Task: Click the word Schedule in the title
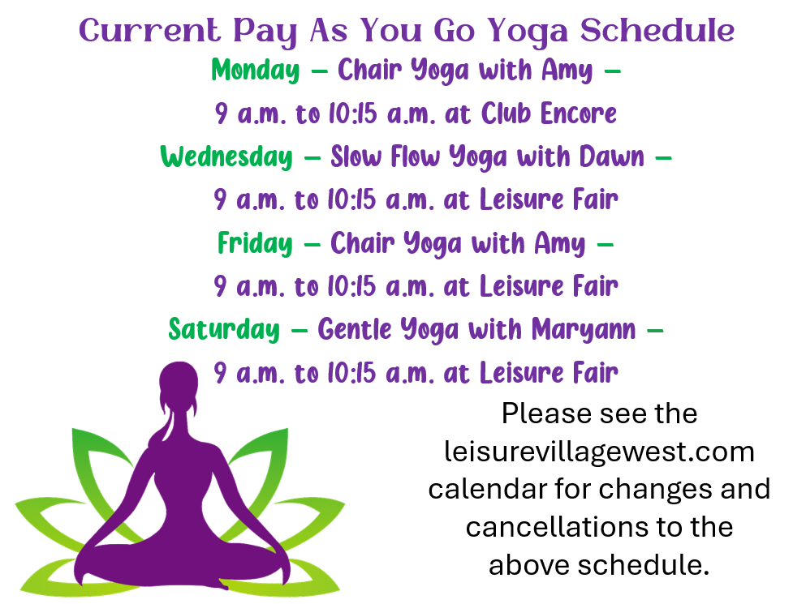[x=657, y=30]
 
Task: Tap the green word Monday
[x=256, y=71]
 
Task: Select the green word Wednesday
[x=226, y=156]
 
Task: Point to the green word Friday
[x=255, y=243]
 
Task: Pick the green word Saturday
[x=224, y=329]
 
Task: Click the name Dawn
[x=612, y=156]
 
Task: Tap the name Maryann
[x=584, y=330]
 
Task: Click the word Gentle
[x=355, y=329]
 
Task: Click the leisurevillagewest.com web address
[x=599, y=452]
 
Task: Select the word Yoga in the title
[x=528, y=32]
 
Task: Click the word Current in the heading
[x=149, y=30]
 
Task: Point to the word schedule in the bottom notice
[x=643, y=565]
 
